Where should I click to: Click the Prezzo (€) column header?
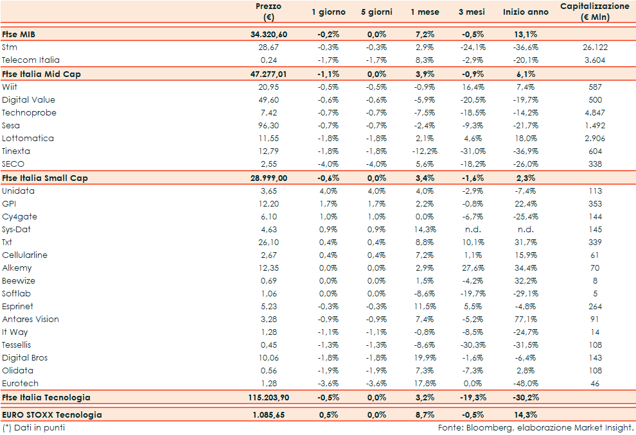[268, 12]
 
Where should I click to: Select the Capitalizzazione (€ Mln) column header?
[594, 12]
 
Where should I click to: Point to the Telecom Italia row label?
[27, 60]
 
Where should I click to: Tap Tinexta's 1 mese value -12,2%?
[424, 151]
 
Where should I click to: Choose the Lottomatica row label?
[28, 138]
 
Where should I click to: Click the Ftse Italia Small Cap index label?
[44, 178]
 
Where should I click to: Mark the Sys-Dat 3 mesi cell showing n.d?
[475, 229]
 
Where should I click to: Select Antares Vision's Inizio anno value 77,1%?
[526, 319]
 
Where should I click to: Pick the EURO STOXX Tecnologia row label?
[51, 414]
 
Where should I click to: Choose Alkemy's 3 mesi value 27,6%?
[474, 268]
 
